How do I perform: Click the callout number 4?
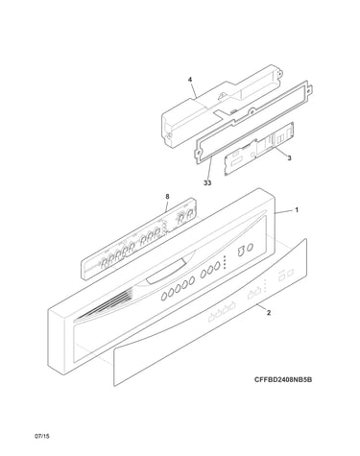(x=190, y=79)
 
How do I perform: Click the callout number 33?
(x=207, y=183)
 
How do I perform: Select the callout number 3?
(x=289, y=157)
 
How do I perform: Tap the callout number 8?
(x=167, y=196)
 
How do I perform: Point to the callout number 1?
(x=297, y=210)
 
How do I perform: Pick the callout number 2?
(x=269, y=313)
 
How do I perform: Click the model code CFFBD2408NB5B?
(x=283, y=380)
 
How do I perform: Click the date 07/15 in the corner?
(x=42, y=436)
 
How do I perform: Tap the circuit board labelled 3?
(x=258, y=149)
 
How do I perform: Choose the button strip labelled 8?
(x=138, y=238)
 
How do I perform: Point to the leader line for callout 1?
(x=283, y=211)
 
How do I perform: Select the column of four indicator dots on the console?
(x=225, y=262)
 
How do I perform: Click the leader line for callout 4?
(x=193, y=89)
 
